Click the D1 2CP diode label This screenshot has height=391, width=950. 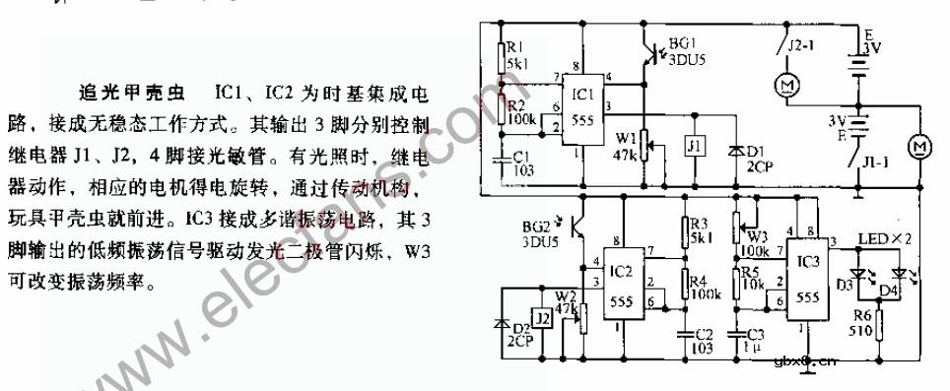pos(757,159)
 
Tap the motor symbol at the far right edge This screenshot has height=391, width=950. pos(920,146)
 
